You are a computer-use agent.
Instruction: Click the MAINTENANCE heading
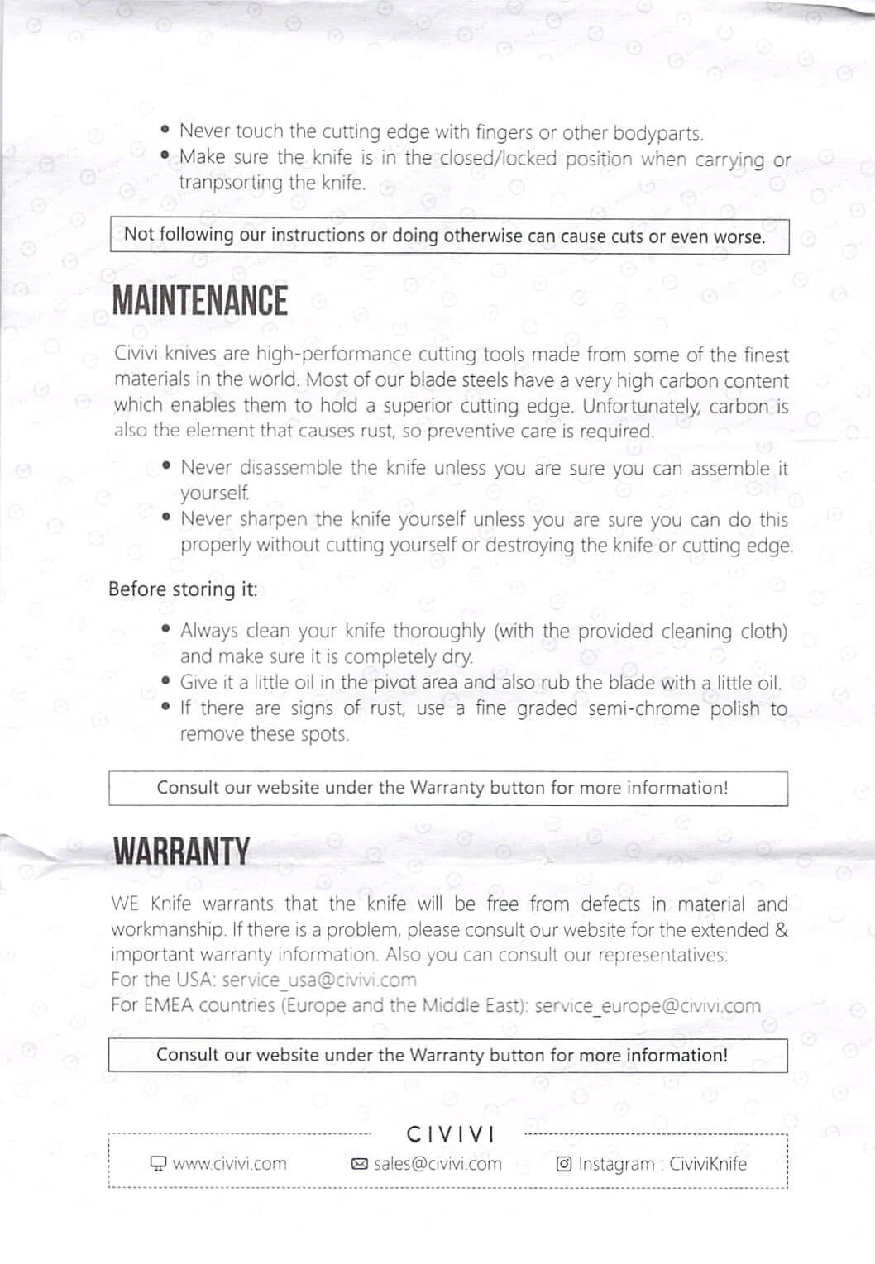(x=200, y=301)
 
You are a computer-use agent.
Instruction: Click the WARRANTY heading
(x=181, y=851)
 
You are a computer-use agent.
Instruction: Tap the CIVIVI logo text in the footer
(x=451, y=1134)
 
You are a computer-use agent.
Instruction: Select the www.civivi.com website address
(x=229, y=1164)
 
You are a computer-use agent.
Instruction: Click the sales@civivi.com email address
(x=437, y=1164)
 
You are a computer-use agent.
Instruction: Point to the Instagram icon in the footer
(x=564, y=1164)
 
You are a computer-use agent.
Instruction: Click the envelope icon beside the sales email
(x=360, y=1165)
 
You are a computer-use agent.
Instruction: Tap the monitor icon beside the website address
(x=158, y=1164)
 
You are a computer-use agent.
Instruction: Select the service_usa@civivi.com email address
(x=319, y=980)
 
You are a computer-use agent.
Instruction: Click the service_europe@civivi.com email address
(x=648, y=1006)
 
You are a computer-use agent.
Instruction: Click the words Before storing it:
(x=183, y=589)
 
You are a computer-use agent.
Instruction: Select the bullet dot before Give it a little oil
(x=167, y=683)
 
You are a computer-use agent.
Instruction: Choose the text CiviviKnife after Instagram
(x=708, y=1164)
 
